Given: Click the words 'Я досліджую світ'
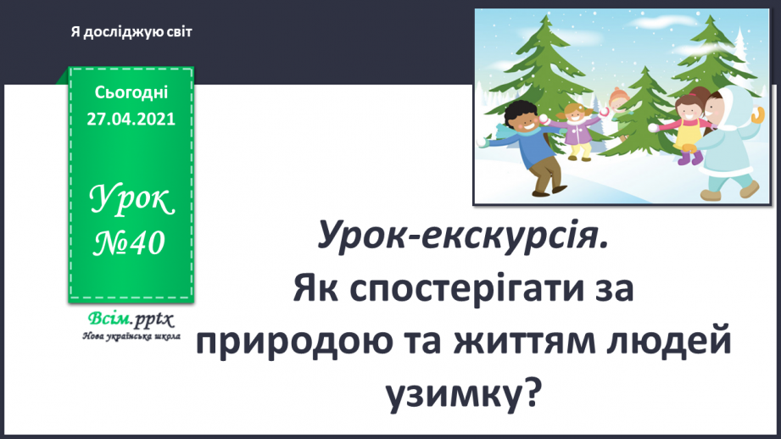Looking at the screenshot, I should [x=131, y=32].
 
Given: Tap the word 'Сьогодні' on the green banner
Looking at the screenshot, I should [x=131, y=92].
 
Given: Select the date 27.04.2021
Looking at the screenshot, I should [x=131, y=119].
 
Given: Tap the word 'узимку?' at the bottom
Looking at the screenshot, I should [x=463, y=392].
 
